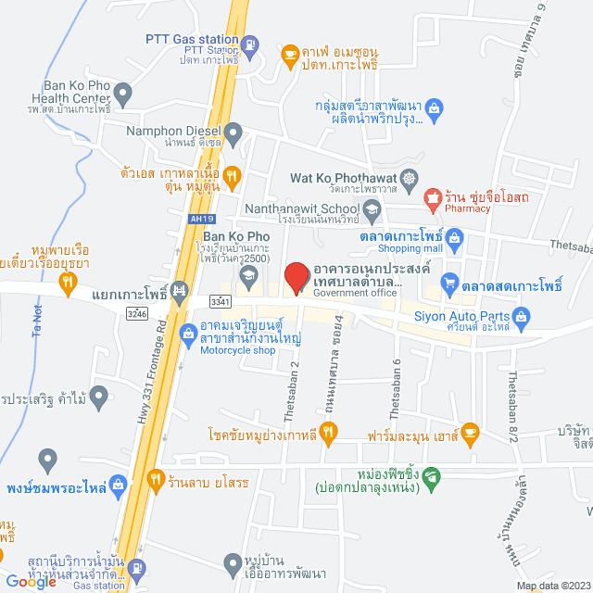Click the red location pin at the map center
[296, 277]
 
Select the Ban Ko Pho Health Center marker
[122, 93]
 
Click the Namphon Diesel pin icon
[233, 132]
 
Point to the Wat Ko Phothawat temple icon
[410, 177]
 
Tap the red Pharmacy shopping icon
[432, 196]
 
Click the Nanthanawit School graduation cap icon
[371, 211]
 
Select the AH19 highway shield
[195, 219]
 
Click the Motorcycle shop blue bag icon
[188, 329]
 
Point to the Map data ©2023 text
[553, 586]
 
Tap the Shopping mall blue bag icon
[454, 240]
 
